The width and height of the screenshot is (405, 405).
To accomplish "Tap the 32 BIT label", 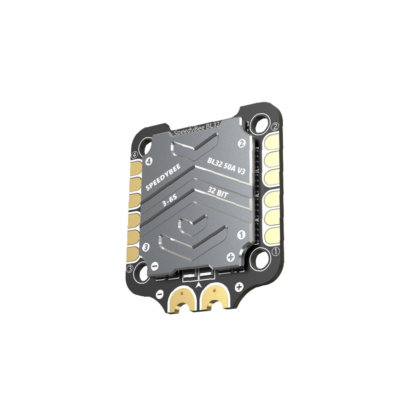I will coord(218,192).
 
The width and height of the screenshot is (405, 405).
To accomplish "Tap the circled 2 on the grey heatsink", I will coord(242,143).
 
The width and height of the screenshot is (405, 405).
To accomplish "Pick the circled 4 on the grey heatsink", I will coord(148,162).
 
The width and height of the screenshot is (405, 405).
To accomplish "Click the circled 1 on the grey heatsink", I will coord(241,234).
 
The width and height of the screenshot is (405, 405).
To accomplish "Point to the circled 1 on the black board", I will coord(276,252).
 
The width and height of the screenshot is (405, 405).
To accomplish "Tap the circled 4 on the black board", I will coord(135,155).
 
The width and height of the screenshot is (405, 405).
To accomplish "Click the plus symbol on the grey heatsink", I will coord(231,257).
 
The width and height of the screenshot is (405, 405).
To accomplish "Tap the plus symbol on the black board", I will coord(239,287).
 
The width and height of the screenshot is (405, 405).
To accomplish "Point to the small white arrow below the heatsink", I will coord(199,286).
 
